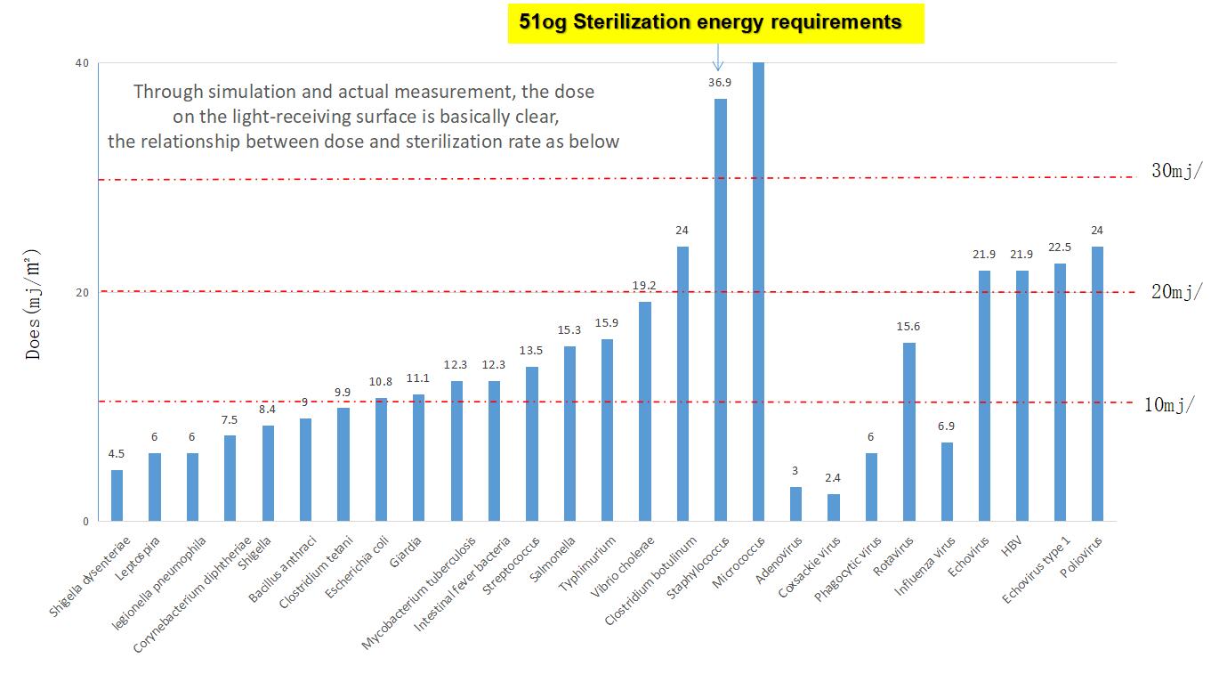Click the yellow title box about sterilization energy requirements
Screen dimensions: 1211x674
(715, 23)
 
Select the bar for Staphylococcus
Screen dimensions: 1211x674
(721, 310)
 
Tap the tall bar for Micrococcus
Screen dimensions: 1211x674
(758, 291)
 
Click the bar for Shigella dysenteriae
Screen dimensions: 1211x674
(117, 496)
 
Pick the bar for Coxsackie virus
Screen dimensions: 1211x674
(834, 508)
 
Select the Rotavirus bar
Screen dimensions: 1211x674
(909, 432)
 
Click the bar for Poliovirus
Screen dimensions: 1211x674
(1097, 384)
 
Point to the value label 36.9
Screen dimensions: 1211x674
(720, 82)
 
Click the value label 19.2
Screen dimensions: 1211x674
(644, 285)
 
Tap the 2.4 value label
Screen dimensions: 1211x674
(833, 477)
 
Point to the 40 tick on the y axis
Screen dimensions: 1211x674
(82, 63)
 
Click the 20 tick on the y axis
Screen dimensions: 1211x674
(82, 293)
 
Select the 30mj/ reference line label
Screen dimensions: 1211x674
(1177, 171)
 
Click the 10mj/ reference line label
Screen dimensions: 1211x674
(1169, 404)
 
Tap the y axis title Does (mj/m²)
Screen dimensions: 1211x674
(32, 304)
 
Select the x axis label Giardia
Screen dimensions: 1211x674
(406, 550)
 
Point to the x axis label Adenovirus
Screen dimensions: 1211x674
(779, 559)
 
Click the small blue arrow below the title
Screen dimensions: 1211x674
(717, 57)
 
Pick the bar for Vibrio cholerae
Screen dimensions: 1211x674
(645, 411)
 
